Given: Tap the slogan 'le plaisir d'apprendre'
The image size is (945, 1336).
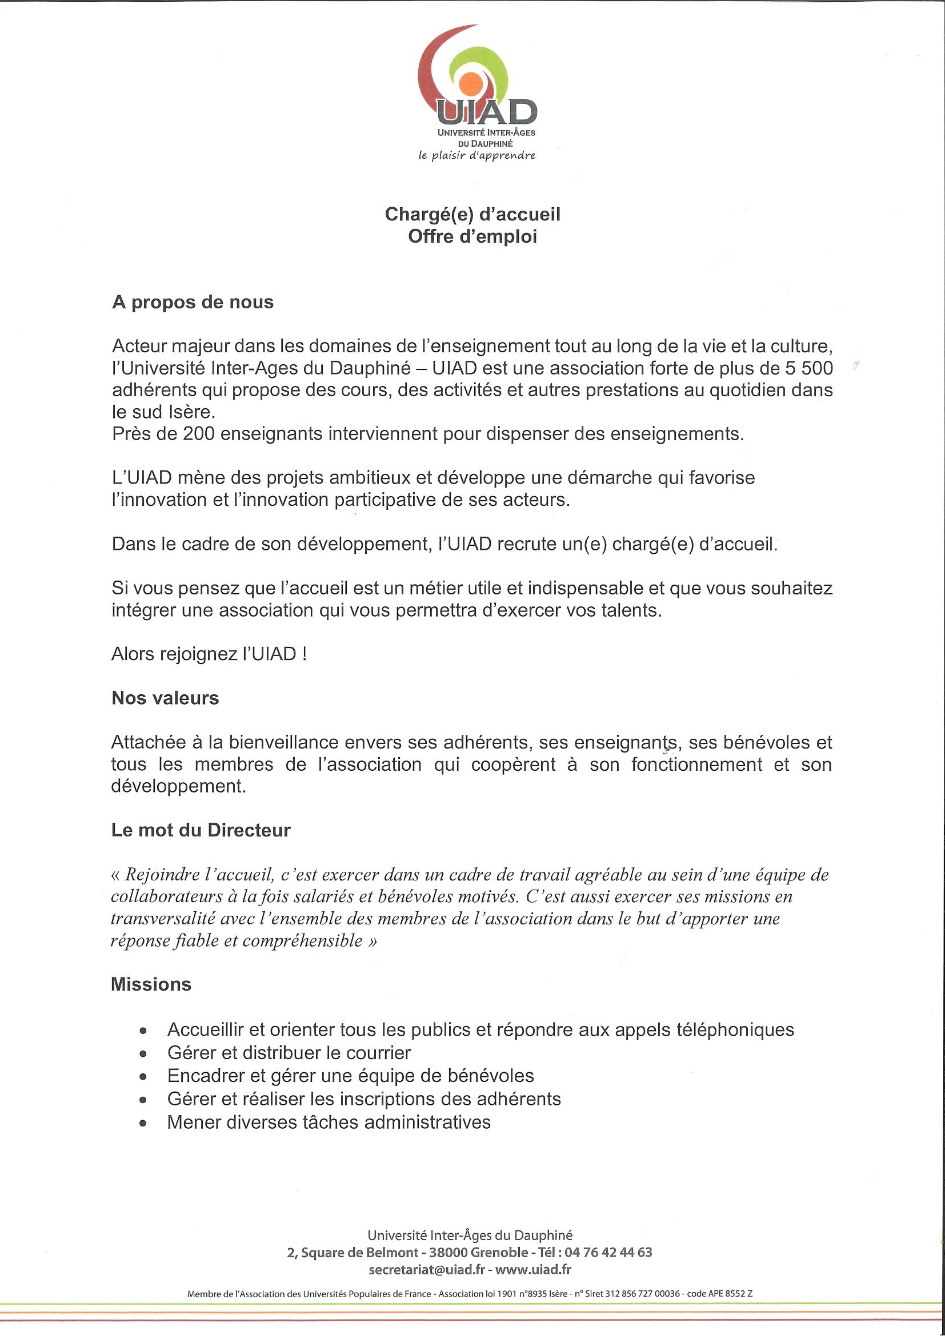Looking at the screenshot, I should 477,156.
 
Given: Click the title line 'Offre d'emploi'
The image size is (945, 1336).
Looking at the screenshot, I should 472,236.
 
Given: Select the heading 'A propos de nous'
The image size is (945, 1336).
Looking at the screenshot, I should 193,303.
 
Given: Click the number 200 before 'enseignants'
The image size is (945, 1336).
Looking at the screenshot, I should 199,434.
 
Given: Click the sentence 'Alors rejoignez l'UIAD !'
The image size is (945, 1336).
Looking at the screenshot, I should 209,654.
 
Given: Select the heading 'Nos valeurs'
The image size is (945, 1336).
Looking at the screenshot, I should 165,698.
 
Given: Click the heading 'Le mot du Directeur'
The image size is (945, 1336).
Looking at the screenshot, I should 201,830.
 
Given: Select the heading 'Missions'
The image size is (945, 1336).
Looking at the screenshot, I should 151,984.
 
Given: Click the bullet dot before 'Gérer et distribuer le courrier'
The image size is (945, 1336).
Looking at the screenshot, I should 143,1054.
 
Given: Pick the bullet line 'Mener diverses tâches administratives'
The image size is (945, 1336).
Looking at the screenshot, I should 329,1122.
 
